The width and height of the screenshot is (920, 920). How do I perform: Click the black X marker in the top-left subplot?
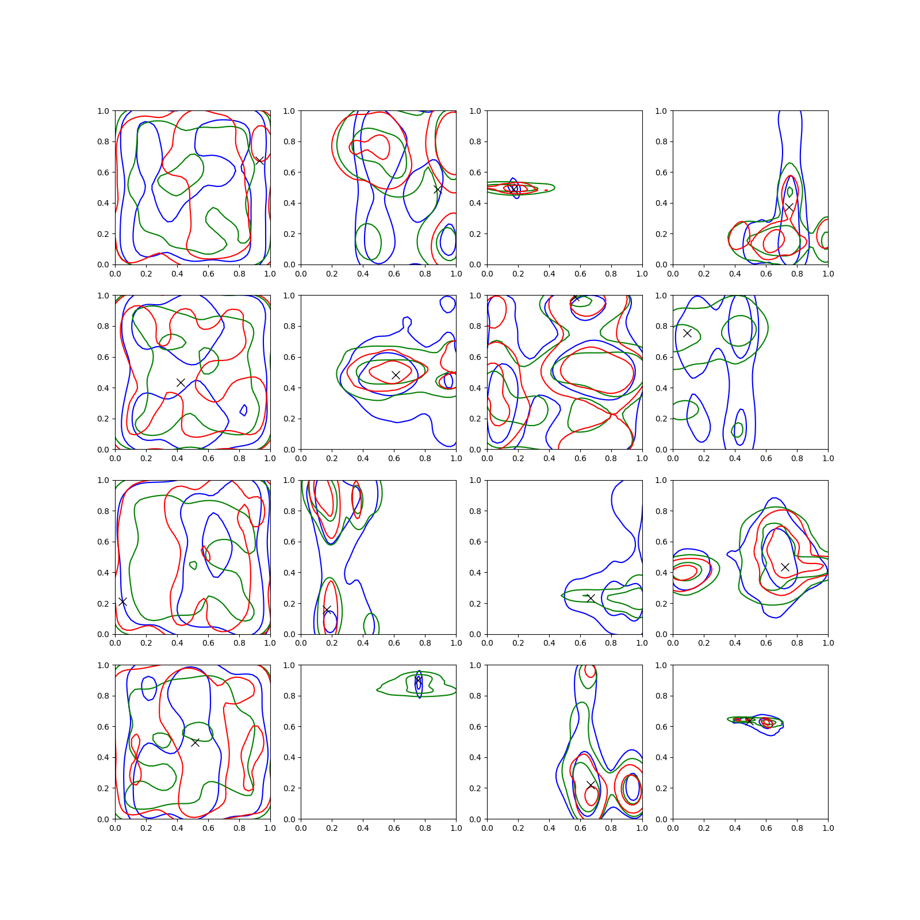click(x=260, y=160)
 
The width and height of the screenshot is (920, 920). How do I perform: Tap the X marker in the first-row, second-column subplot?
click(x=438, y=189)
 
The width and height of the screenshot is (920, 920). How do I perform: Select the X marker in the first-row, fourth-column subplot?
click(x=789, y=207)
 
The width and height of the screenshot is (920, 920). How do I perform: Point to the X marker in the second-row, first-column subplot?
click(x=181, y=382)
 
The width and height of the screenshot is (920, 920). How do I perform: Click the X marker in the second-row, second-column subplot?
click(x=396, y=375)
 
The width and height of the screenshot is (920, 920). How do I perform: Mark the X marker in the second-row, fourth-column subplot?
click(x=687, y=333)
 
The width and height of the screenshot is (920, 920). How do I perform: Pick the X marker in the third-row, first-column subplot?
click(x=122, y=601)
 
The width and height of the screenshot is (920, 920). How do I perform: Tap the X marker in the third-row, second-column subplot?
click(x=327, y=609)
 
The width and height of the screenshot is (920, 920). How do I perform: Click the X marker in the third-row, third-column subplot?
click(x=590, y=598)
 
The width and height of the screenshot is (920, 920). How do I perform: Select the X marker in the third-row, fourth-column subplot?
click(x=785, y=567)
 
